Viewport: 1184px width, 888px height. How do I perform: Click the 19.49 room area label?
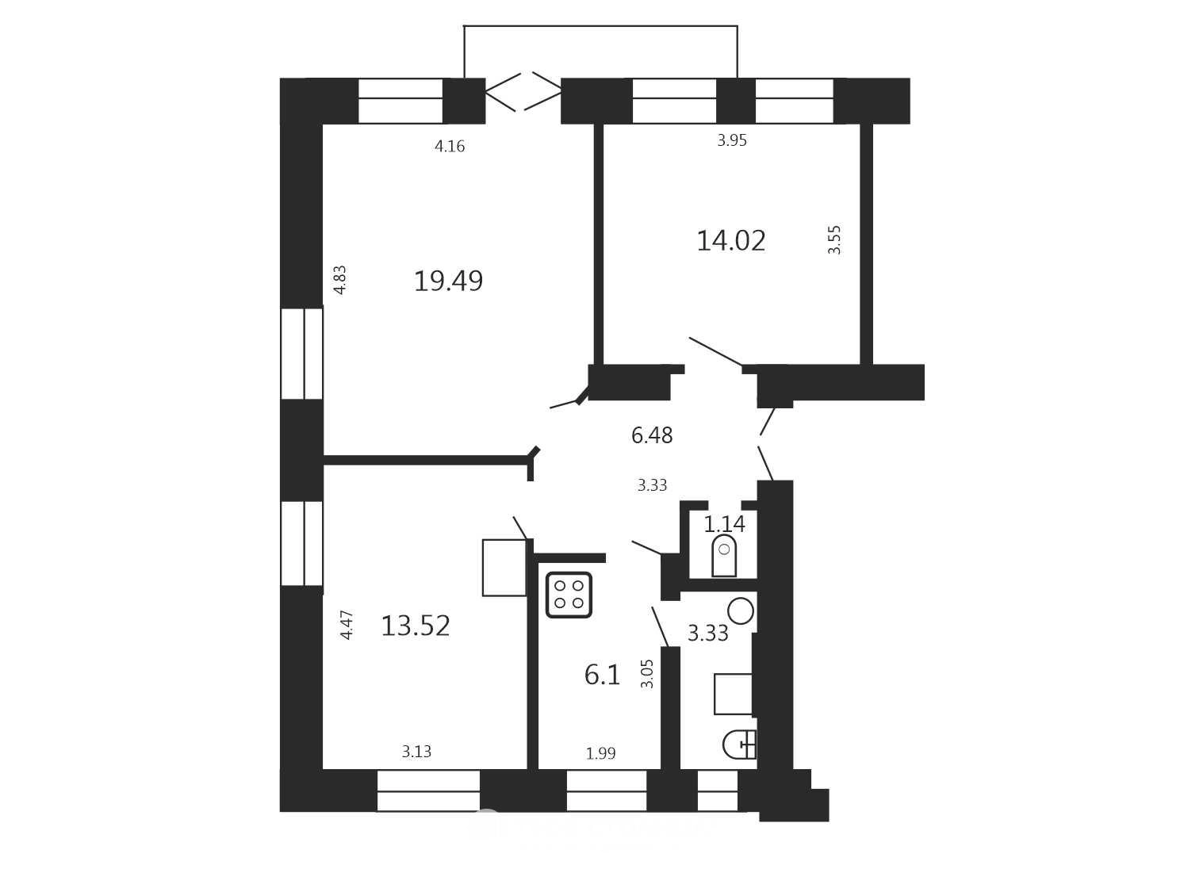point(448,281)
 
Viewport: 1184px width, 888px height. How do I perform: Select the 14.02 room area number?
point(731,241)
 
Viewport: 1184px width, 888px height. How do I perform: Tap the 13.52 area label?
point(416,626)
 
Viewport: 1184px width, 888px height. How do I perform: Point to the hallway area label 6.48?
point(652,435)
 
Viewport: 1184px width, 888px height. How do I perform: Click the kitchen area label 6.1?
point(603,675)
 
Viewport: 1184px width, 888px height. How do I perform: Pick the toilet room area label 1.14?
point(724,524)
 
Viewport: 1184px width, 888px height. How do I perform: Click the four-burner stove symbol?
point(569,595)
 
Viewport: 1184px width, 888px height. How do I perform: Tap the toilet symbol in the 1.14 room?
point(724,557)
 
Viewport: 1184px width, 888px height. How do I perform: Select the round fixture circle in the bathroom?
point(741,611)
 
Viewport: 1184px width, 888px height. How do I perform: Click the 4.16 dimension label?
point(450,146)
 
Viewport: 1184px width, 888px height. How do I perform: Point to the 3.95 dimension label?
point(732,140)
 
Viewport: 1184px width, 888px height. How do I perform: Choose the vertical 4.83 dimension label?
point(340,280)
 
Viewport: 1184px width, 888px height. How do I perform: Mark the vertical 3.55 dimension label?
point(834,240)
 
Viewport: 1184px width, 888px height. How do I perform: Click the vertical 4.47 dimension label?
point(347,625)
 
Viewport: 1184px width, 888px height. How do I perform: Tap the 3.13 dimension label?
point(416,751)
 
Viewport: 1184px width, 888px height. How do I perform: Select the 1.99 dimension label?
point(601,752)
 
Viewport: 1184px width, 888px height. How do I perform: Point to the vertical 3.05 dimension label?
point(647,673)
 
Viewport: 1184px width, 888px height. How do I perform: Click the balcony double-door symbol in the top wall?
point(523,91)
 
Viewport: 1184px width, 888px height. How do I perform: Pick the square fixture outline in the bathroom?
point(733,694)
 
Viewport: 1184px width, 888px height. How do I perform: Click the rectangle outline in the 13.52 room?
point(504,568)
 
